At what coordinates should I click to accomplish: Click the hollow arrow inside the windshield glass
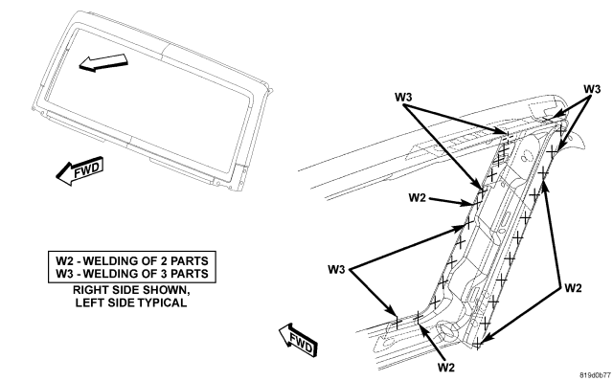(103, 62)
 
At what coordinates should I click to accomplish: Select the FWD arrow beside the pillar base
(298, 340)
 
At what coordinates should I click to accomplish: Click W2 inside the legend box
(65, 260)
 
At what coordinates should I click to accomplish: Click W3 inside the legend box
(65, 273)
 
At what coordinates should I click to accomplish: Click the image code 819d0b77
(595, 374)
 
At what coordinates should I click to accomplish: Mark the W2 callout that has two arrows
(573, 288)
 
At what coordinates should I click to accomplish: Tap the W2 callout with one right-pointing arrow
(418, 198)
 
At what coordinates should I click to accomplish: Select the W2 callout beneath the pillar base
(446, 368)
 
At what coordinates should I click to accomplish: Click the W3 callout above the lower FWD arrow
(336, 270)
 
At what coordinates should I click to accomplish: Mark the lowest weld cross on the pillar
(477, 345)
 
